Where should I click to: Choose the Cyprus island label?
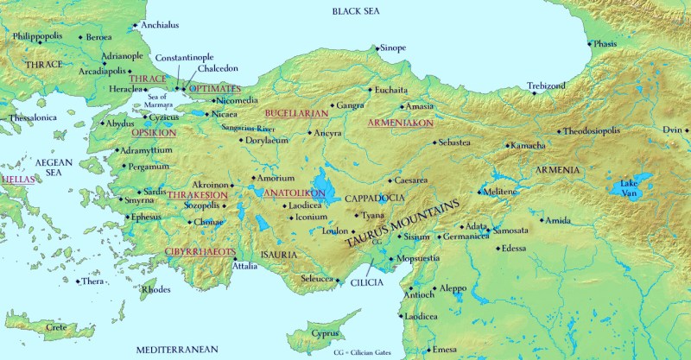(x=325, y=333)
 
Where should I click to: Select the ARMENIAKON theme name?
(x=400, y=123)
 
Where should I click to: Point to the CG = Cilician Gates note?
(x=367, y=352)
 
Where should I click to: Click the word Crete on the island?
(x=56, y=328)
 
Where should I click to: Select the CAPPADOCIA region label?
(x=375, y=198)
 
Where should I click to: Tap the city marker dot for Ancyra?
(x=309, y=134)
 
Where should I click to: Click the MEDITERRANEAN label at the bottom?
(x=177, y=349)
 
